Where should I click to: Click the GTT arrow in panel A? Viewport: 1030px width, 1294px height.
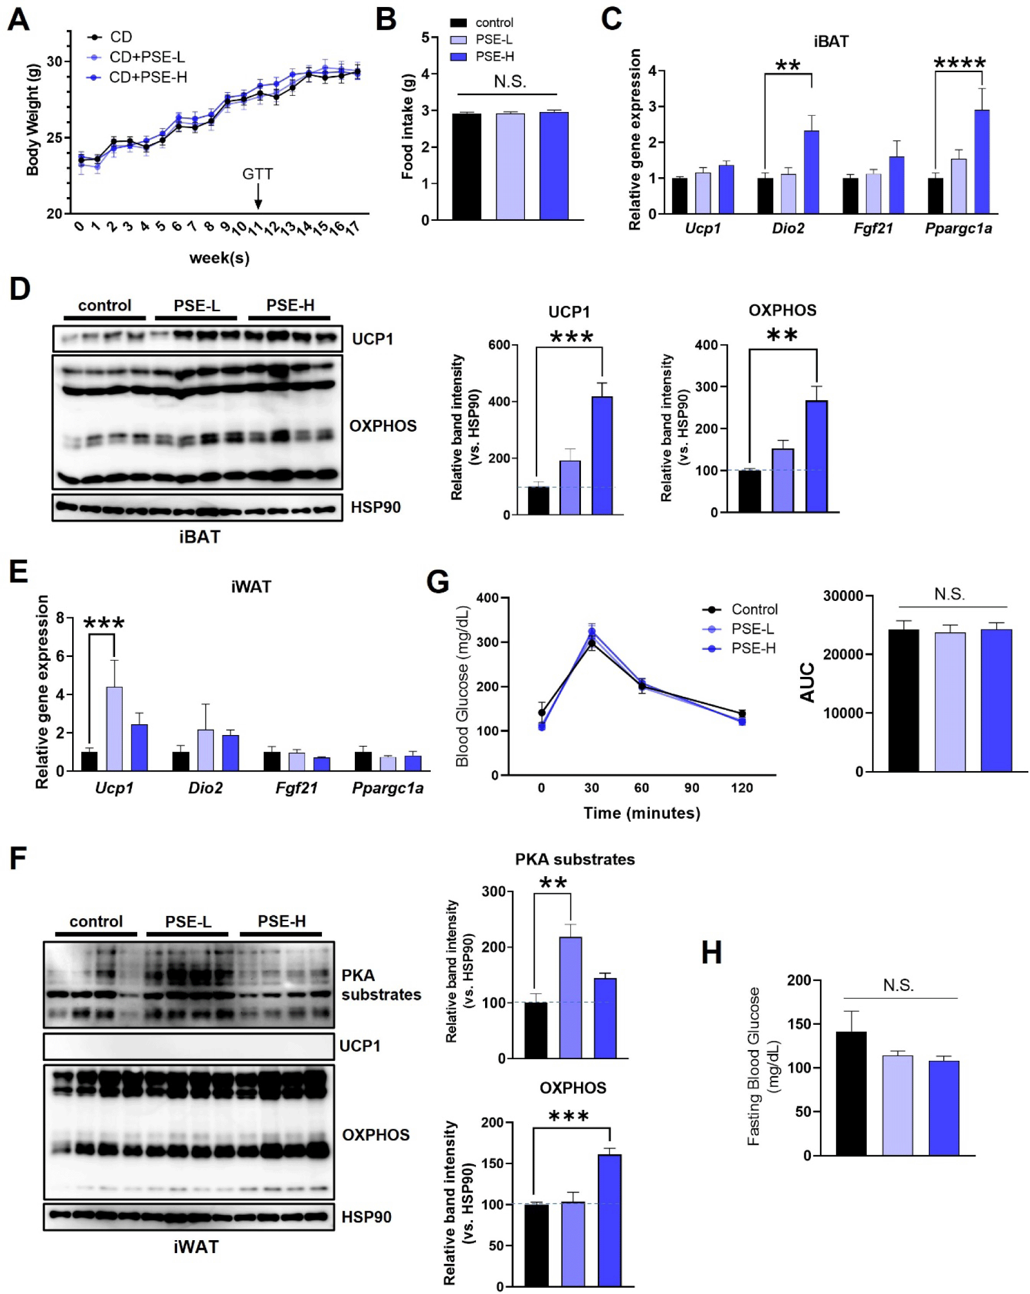click(x=258, y=196)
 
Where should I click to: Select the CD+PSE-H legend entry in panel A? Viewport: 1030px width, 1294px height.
click(x=148, y=78)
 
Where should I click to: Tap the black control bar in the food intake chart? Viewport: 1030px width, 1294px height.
click(x=466, y=166)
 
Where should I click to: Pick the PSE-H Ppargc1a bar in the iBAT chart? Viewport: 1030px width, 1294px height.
click(x=982, y=162)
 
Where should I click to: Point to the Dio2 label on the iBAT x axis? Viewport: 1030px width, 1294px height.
click(x=788, y=229)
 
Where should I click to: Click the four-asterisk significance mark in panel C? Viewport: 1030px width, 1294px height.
click(x=959, y=63)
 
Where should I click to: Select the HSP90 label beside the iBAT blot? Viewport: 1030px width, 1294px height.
click(x=375, y=507)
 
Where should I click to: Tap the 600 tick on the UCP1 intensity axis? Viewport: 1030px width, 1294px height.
click(x=499, y=345)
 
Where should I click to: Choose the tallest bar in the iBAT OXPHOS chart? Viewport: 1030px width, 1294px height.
click(x=816, y=456)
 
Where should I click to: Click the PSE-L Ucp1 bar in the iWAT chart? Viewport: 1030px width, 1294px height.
click(x=114, y=729)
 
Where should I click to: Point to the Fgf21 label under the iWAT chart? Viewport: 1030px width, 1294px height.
click(x=297, y=788)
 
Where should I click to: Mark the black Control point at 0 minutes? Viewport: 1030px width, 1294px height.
click(x=542, y=713)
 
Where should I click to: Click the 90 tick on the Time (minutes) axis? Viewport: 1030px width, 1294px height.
click(x=691, y=788)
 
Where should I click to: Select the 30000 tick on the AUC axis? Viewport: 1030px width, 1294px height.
click(x=843, y=596)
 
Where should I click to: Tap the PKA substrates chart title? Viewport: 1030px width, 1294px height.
click(x=574, y=859)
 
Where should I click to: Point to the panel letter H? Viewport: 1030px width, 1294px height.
click(x=712, y=953)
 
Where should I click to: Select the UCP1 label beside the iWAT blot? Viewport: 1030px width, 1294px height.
click(x=360, y=1046)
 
